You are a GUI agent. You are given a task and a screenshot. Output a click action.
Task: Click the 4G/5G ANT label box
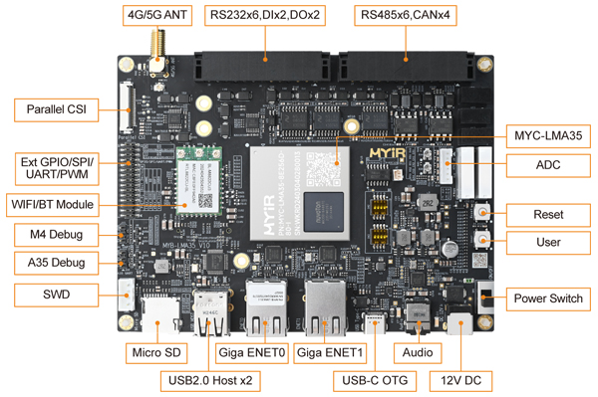[156, 16]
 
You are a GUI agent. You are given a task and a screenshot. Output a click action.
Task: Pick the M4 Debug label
[56, 235]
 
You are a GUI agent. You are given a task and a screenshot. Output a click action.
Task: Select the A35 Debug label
[56, 263]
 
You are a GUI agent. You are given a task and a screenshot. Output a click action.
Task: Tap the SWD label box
[56, 294]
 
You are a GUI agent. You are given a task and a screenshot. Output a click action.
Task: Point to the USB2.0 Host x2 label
[211, 380]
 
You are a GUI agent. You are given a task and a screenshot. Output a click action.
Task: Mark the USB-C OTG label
[375, 380]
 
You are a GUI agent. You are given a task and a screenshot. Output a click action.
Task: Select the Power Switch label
[548, 298]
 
